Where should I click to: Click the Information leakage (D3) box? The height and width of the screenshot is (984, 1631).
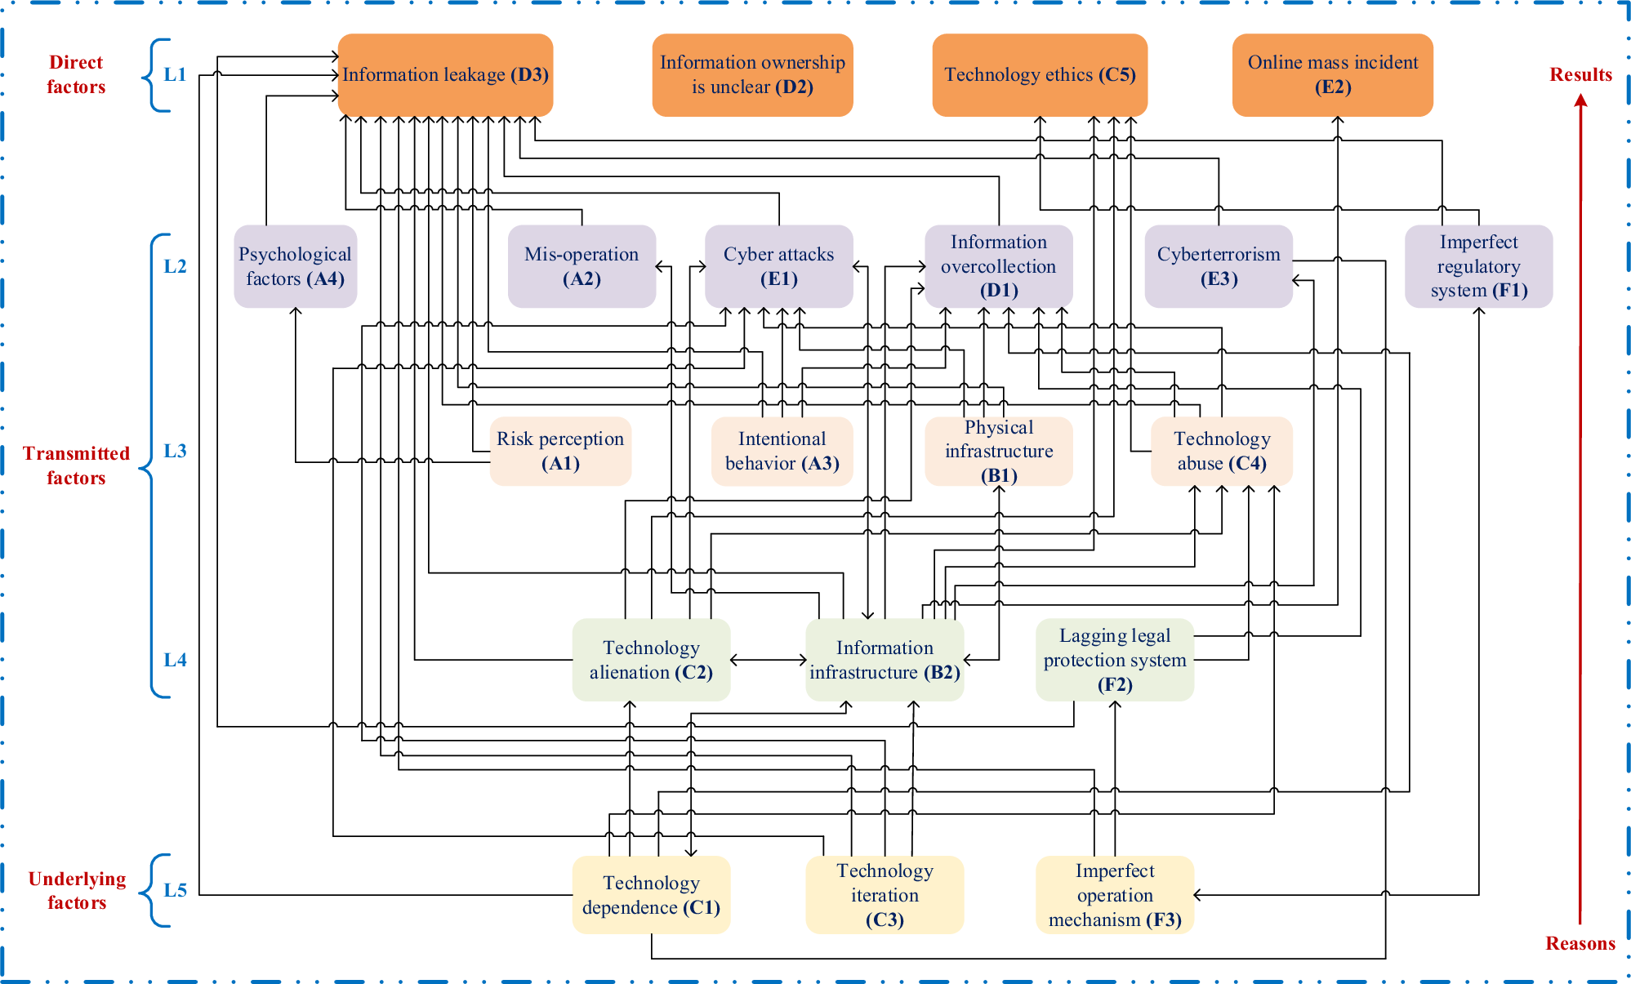tap(445, 74)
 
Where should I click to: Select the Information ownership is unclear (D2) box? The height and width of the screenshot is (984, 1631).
tap(752, 74)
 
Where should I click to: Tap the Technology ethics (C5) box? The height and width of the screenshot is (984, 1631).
tap(1039, 74)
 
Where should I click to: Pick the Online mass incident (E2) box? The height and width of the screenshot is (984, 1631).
tap(1332, 74)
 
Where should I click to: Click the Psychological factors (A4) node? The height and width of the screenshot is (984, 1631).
tap(295, 266)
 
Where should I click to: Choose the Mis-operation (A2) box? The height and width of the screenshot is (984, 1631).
tap(582, 266)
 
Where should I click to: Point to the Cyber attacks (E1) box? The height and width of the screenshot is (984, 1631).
tap(778, 266)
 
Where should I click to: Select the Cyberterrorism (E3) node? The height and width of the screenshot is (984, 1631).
tap(1218, 266)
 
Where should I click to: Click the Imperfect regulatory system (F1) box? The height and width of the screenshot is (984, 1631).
tap(1478, 266)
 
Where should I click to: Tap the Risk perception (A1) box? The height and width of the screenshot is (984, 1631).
tap(560, 451)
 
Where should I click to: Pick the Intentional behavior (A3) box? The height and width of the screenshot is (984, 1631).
tap(782, 451)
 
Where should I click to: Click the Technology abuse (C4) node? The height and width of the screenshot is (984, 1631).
tap(1222, 451)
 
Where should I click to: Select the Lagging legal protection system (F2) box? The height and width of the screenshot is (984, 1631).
tap(1114, 660)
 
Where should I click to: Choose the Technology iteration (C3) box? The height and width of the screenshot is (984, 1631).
tap(885, 894)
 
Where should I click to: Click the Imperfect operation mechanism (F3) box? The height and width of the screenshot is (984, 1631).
tap(1114, 894)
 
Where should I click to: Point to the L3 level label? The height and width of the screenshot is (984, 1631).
tap(175, 451)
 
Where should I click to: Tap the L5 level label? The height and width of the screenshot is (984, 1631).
tap(175, 890)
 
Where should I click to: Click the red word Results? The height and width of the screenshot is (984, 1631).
tap(1580, 74)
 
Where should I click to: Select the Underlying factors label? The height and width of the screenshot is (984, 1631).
tap(77, 890)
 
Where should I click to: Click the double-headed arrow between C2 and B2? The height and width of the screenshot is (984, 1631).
tap(768, 660)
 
